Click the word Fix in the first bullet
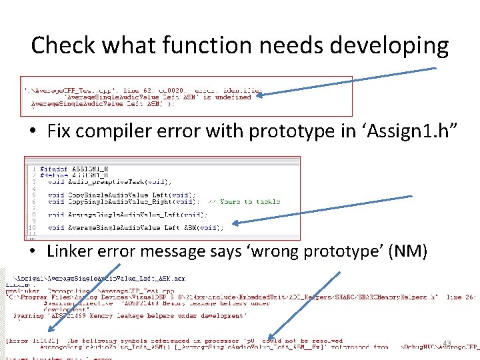point(60,131)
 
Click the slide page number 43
point(447,343)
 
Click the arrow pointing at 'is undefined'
point(347,81)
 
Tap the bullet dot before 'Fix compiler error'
point(33,132)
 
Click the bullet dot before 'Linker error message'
point(33,252)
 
